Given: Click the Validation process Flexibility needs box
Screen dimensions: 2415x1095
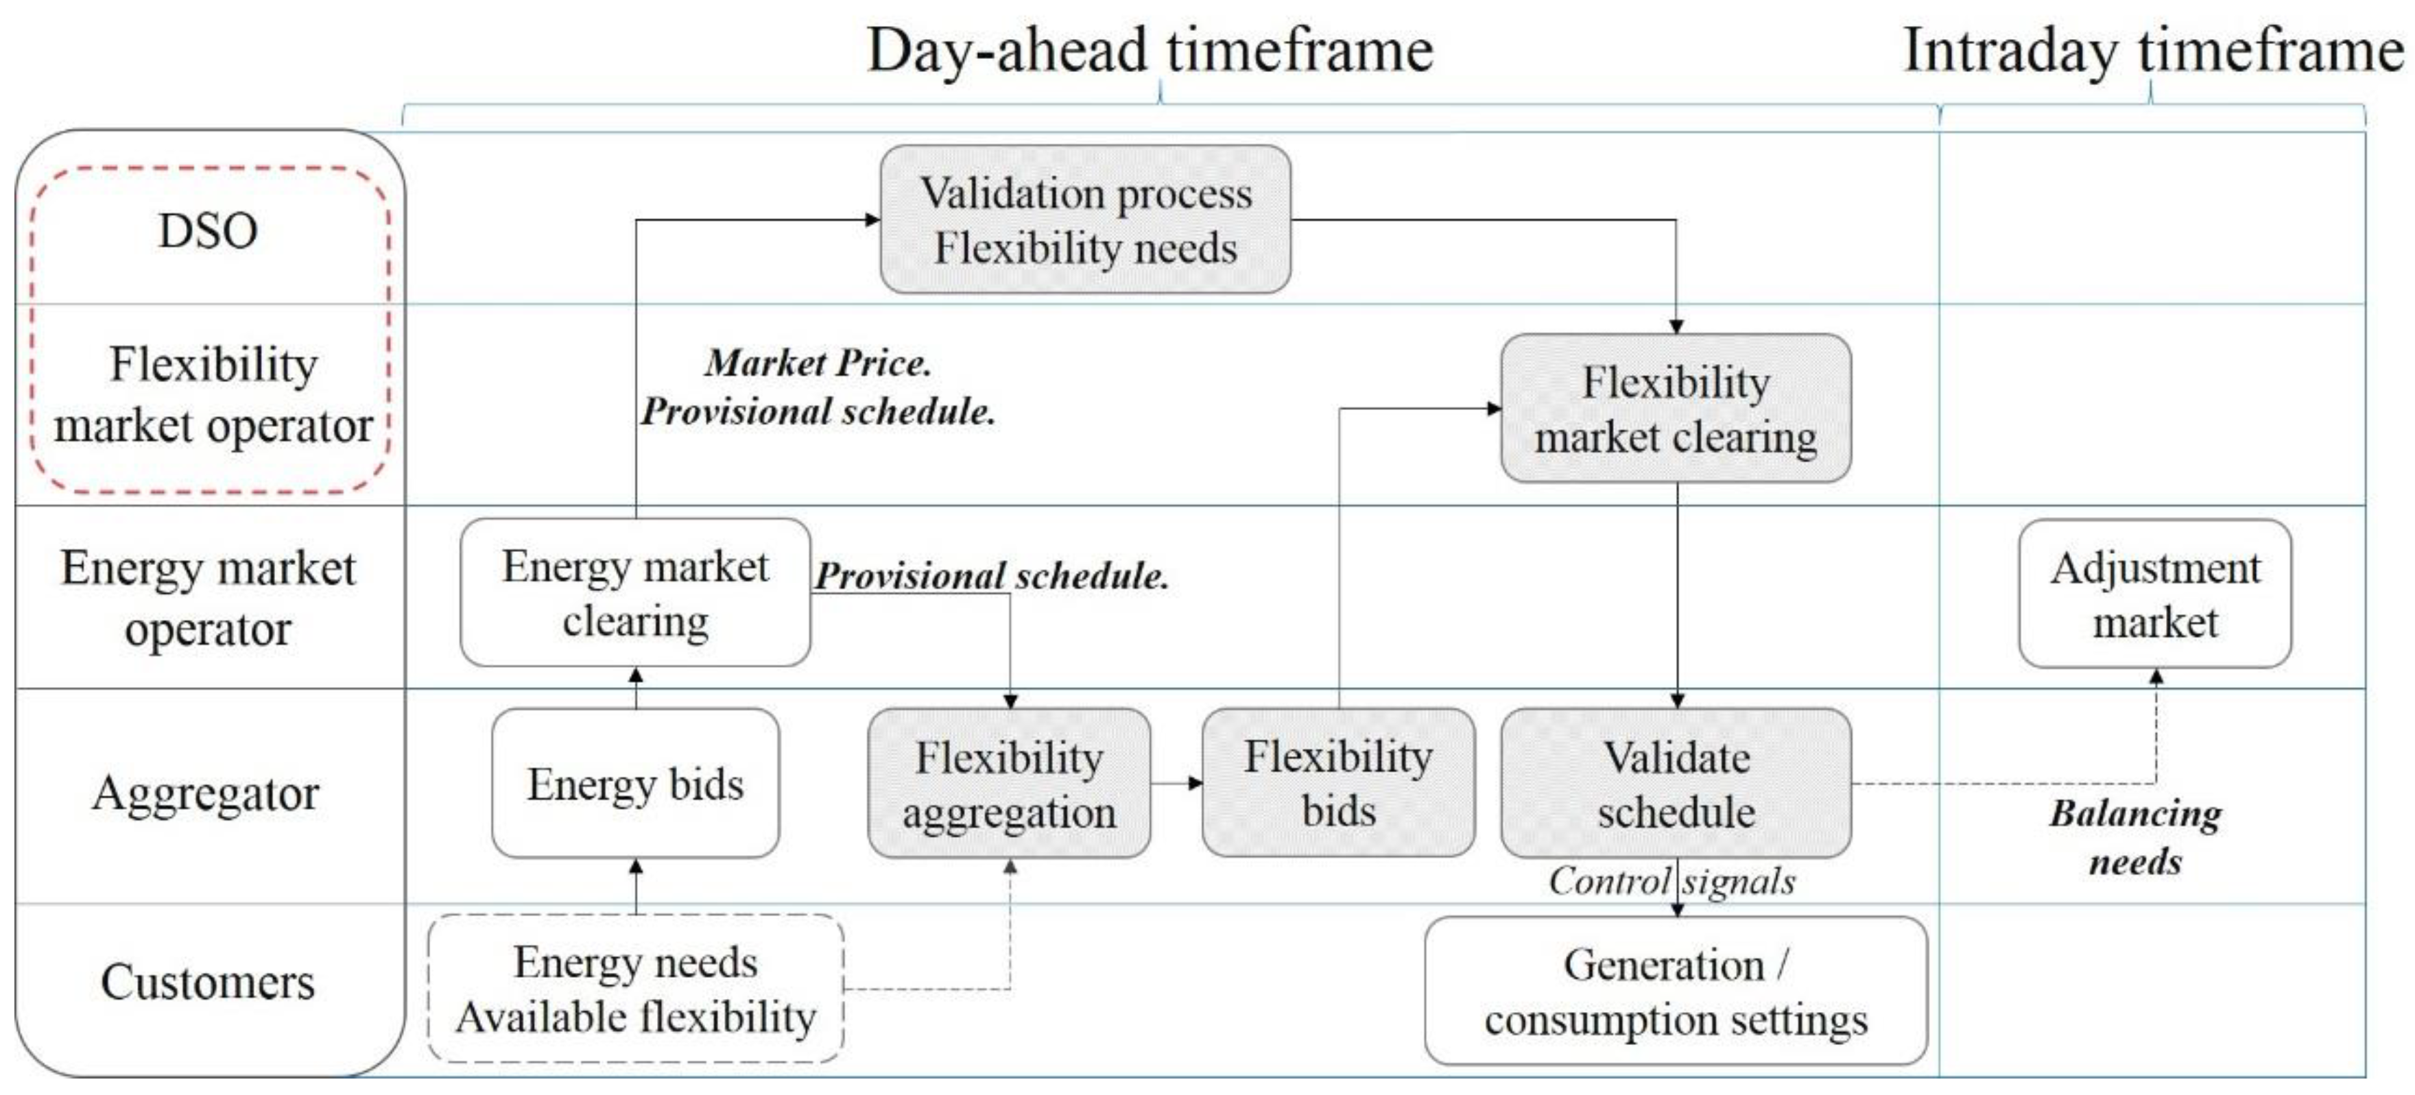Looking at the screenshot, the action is [x=1086, y=219].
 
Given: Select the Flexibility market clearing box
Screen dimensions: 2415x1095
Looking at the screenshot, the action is [x=1676, y=408].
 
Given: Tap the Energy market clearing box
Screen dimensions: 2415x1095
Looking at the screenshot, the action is [x=636, y=592].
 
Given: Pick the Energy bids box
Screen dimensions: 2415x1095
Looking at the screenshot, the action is [x=636, y=783].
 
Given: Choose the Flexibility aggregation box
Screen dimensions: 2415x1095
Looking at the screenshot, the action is [x=1010, y=783].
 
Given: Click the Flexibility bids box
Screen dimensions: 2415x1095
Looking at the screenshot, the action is [x=1339, y=783].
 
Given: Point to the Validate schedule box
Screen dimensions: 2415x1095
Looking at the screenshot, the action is [x=1676, y=783].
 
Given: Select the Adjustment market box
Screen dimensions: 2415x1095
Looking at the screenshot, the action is [x=2155, y=593].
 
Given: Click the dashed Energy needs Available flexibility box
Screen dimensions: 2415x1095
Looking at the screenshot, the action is [x=636, y=989].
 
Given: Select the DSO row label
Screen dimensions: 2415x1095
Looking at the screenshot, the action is [x=208, y=230].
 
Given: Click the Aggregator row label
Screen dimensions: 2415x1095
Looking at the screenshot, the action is [x=206, y=794].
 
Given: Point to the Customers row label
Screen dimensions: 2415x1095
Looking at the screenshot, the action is [x=208, y=982].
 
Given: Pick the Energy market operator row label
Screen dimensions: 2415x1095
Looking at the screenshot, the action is [x=208, y=598].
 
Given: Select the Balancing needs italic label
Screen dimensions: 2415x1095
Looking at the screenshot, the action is [x=2136, y=837].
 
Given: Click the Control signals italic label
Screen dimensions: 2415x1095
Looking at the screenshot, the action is [x=1672, y=880].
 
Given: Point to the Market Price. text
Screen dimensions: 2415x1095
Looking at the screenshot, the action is [x=818, y=363].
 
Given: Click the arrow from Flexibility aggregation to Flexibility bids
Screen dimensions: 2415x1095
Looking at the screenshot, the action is [x=1176, y=783].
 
